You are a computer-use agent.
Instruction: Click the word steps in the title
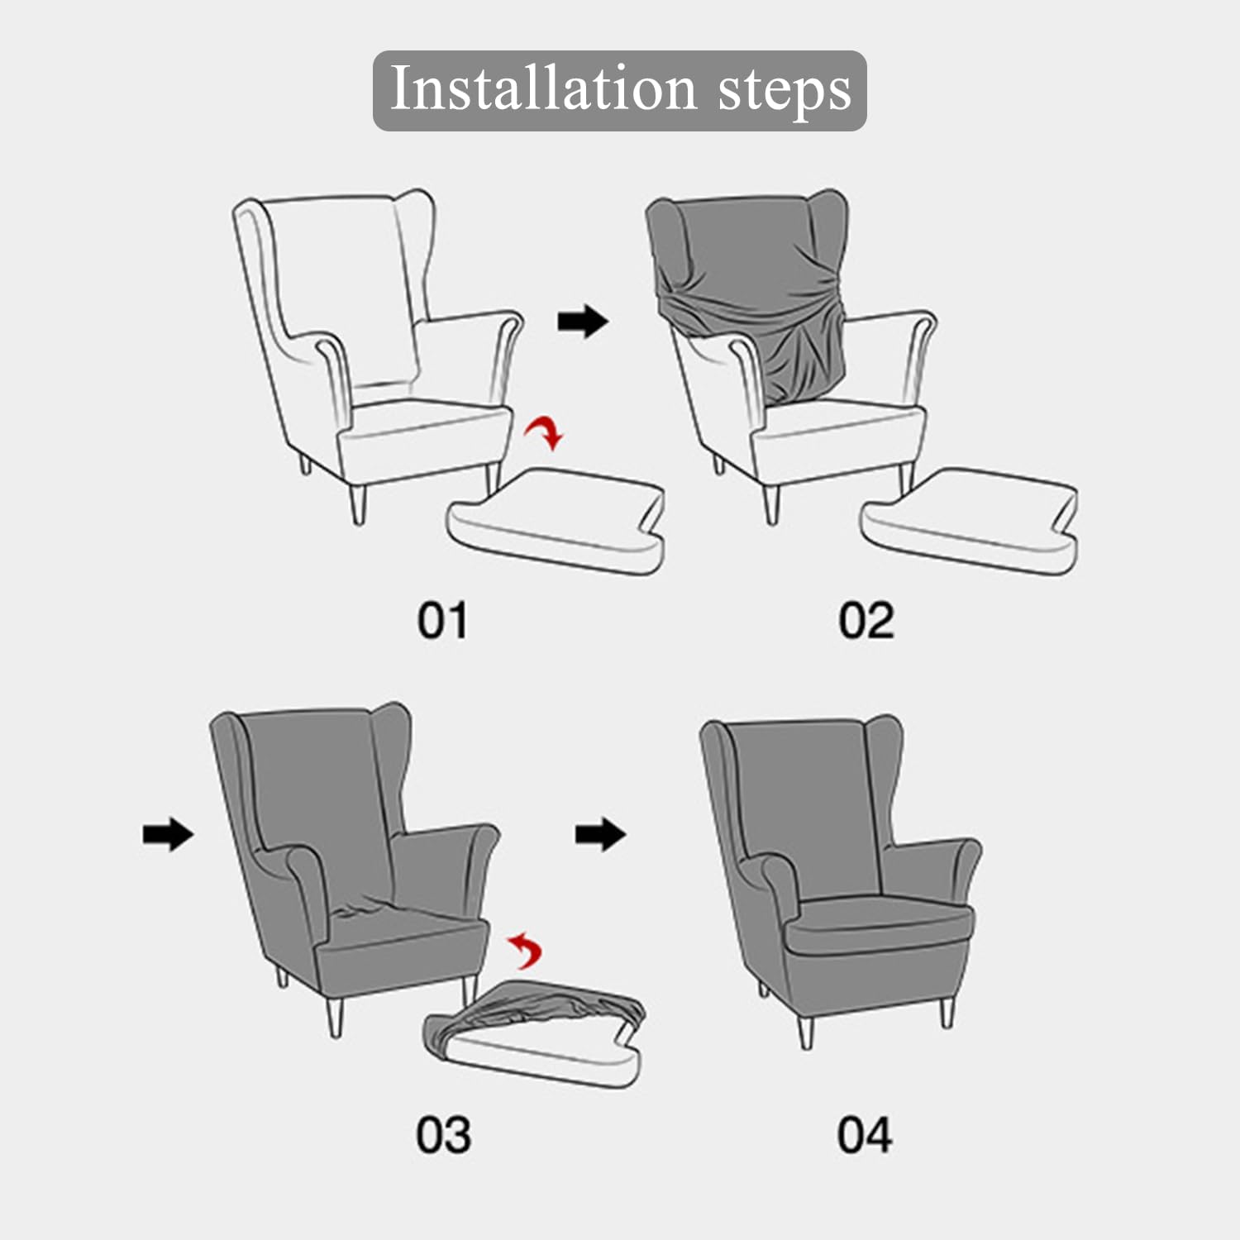[x=784, y=91]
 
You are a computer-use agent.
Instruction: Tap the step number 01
[x=441, y=621]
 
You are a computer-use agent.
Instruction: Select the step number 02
[x=866, y=621]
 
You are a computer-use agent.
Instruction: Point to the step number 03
[x=443, y=1135]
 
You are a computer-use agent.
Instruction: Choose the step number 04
[x=864, y=1135]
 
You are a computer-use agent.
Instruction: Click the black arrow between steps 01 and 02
[x=583, y=322]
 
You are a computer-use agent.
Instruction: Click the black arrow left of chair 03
[x=168, y=834]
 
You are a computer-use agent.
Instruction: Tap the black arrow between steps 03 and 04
[x=601, y=834]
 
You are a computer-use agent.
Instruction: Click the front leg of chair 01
[x=357, y=504]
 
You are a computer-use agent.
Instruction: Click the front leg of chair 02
[x=771, y=504]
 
